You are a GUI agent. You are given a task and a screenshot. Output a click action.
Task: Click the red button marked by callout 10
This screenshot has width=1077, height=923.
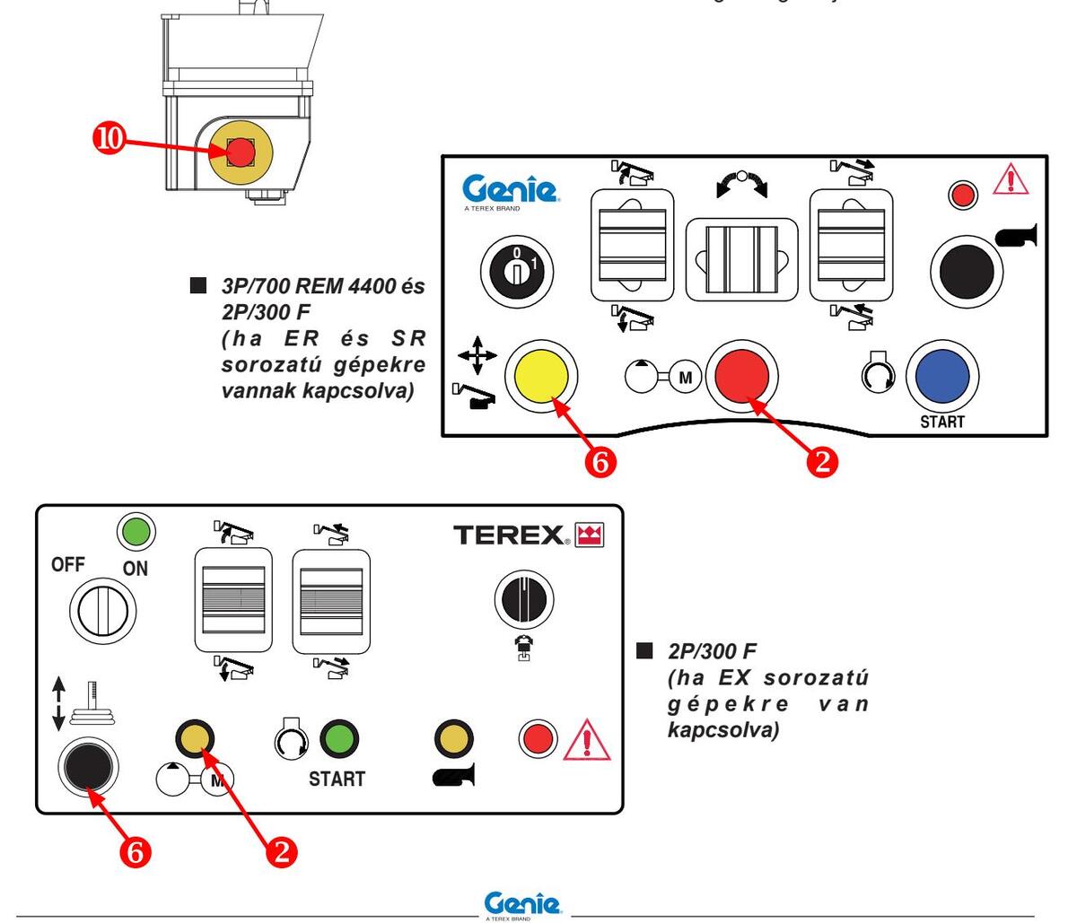pos(241,152)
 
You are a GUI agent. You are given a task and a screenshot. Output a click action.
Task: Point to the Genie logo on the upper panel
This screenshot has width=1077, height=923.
pos(510,191)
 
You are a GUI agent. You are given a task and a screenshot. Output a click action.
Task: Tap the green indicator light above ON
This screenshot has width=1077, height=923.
pos(136,532)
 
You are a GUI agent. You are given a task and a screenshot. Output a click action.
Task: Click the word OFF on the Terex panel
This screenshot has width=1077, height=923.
pos(68,565)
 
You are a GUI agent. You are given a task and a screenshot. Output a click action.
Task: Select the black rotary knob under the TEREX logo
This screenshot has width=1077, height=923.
pos(524,599)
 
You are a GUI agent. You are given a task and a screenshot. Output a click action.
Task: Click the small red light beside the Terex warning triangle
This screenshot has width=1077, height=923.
pos(538,739)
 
